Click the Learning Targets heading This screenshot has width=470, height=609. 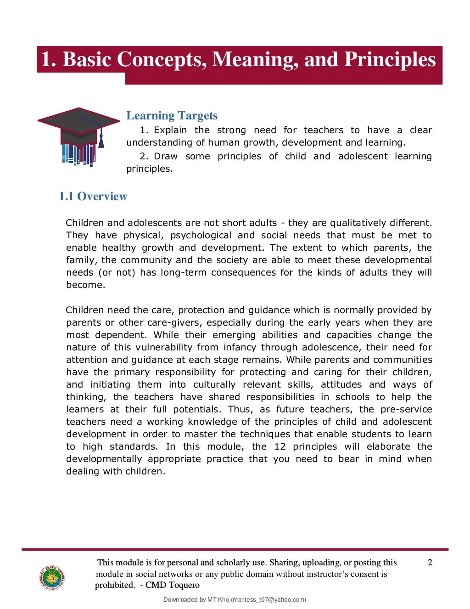pyautogui.click(x=172, y=115)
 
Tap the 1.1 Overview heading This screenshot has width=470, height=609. pyautogui.click(x=93, y=196)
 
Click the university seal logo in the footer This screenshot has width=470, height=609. pyautogui.click(x=51, y=577)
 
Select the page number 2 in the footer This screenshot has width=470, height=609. pyautogui.click(x=430, y=563)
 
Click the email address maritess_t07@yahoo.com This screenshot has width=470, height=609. pyautogui.click(x=268, y=599)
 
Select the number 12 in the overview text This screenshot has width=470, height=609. pyautogui.click(x=280, y=446)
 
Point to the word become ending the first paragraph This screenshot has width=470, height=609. pyautogui.click(x=85, y=285)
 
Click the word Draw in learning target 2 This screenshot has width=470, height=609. pyautogui.click(x=166, y=156)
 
